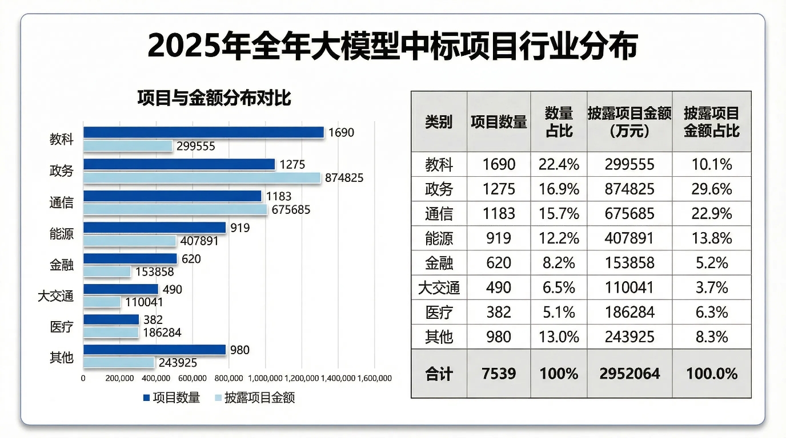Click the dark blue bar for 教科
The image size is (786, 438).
[x=203, y=132]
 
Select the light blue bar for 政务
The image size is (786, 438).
[x=202, y=178]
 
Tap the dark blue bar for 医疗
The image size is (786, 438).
[x=111, y=320]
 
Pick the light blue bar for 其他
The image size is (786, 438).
[x=119, y=363]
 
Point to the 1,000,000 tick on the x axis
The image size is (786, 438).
[x=266, y=378]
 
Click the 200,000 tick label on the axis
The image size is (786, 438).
[x=120, y=378]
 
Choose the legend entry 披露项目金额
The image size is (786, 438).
[x=254, y=398]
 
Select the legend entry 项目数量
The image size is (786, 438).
[x=171, y=398]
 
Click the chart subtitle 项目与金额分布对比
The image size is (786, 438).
[x=214, y=98]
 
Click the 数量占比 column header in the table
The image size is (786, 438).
[x=559, y=121]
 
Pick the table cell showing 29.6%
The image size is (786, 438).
[x=711, y=189]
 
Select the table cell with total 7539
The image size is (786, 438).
[x=498, y=374]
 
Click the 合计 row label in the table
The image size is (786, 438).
[x=439, y=374]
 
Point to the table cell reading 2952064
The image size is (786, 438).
[x=629, y=374]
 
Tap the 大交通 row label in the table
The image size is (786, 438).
[x=439, y=287]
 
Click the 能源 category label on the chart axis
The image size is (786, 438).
[x=62, y=234]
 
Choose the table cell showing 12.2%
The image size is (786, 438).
[x=559, y=238]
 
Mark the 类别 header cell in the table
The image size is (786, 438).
[x=439, y=121]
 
